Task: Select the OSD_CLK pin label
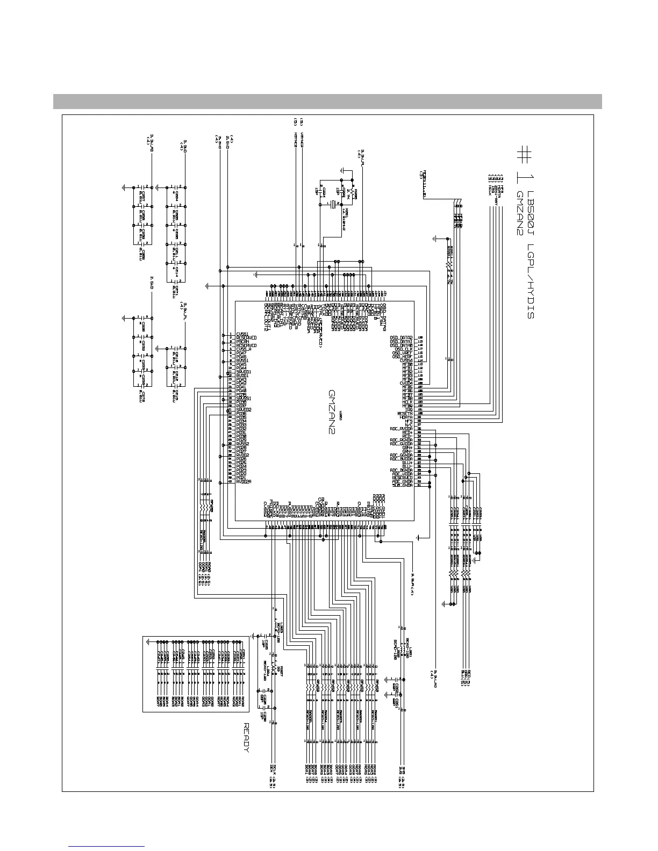[x=403, y=349]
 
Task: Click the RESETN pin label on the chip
[x=405, y=414]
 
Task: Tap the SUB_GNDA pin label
[x=402, y=485]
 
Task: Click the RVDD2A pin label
[x=245, y=481]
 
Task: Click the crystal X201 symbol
[x=333, y=204]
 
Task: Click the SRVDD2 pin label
[x=245, y=410]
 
